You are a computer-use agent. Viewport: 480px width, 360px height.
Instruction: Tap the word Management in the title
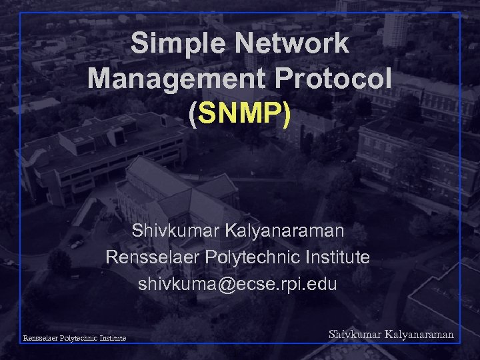[x=162, y=79]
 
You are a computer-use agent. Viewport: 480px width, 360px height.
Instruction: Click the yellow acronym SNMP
[x=239, y=114]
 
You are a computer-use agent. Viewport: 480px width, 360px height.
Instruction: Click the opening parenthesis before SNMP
[x=193, y=115]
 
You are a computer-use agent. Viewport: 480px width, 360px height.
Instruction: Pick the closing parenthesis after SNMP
[x=286, y=115]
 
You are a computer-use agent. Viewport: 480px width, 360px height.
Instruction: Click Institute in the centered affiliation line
[x=342, y=257]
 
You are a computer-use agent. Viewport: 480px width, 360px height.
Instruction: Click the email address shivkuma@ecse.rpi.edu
[x=238, y=284]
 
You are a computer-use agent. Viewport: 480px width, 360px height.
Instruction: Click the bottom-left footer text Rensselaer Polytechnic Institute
[x=75, y=338]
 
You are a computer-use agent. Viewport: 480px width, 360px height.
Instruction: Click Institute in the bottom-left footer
[x=111, y=338]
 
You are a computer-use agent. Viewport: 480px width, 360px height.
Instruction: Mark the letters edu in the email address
[x=325, y=284]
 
